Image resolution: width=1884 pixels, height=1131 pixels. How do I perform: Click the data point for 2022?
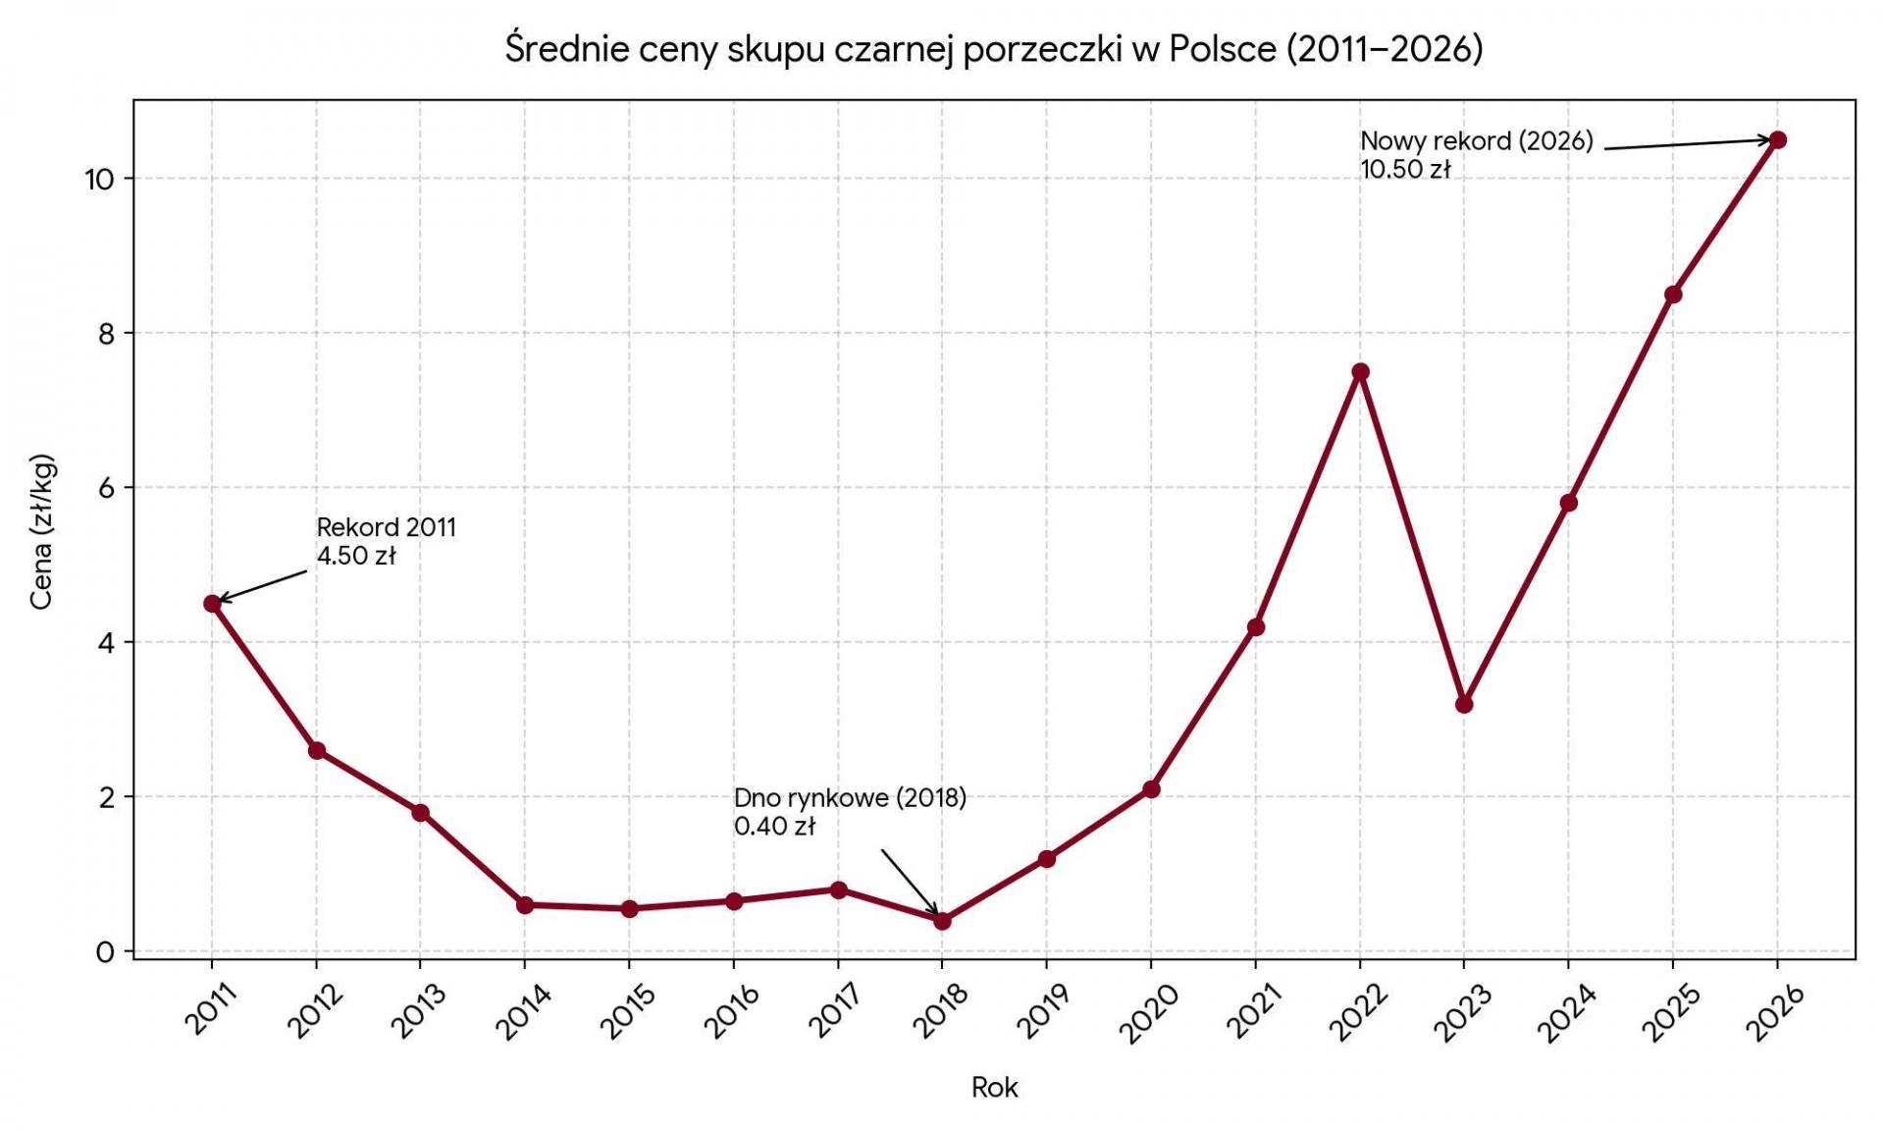[1360, 372]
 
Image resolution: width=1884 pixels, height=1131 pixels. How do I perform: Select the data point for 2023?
[1464, 704]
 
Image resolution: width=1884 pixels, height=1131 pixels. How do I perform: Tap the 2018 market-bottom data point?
[942, 921]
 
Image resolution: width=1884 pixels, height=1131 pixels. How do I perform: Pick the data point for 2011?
[212, 604]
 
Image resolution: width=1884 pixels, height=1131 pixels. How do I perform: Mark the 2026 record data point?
[1777, 140]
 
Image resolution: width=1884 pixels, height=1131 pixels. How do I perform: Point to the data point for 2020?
[1151, 789]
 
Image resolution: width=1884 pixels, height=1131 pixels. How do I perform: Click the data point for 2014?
[525, 905]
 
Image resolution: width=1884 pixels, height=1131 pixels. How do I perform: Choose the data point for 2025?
[1673, 295]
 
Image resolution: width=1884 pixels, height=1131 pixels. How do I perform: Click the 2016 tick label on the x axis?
[731, 1010]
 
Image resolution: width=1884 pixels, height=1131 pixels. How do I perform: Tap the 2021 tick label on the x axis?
[1253, 1010]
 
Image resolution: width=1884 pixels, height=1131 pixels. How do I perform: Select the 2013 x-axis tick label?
[418, 1010]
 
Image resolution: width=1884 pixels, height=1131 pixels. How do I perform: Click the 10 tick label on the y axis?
[100, 180]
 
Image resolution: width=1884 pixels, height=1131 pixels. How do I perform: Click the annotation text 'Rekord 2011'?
[387, 527]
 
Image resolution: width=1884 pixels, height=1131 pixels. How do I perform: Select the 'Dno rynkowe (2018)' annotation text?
[850, 798]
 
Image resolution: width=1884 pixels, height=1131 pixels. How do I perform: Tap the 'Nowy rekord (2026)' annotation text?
[1477, 141]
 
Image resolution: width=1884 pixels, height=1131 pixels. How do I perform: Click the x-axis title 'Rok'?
[994, 1087]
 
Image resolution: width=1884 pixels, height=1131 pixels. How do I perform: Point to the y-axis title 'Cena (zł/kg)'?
[41, 531]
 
